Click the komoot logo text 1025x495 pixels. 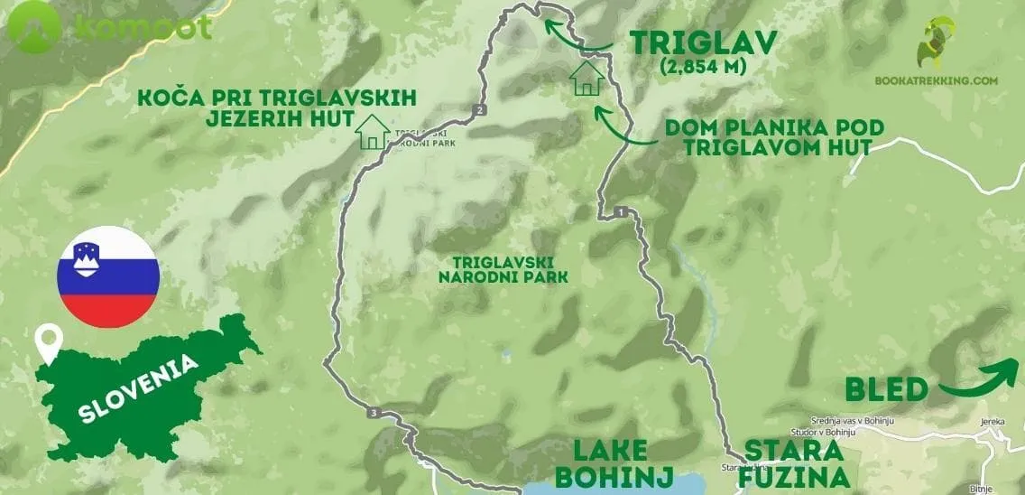click(x=144, y=27)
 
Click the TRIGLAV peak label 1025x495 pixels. click(x=703, y=42)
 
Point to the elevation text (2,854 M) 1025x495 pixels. click(x=703, y=67)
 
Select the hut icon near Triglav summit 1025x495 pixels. click(x=587, y=77)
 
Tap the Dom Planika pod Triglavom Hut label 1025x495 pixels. click(x=774, y=137)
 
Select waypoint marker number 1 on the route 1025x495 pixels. click(x=621, y=212)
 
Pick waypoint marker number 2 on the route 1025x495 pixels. click(x=479, y=110)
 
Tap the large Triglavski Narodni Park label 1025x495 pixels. click(x=503, y=268)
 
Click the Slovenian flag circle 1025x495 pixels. click(x=108, y=276)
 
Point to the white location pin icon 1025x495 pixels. click(x=47, y=344)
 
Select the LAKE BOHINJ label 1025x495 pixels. click(x=602, y=462)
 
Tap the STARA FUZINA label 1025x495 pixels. click(x=794, y=462)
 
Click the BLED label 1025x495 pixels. click(x=886, y=389)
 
